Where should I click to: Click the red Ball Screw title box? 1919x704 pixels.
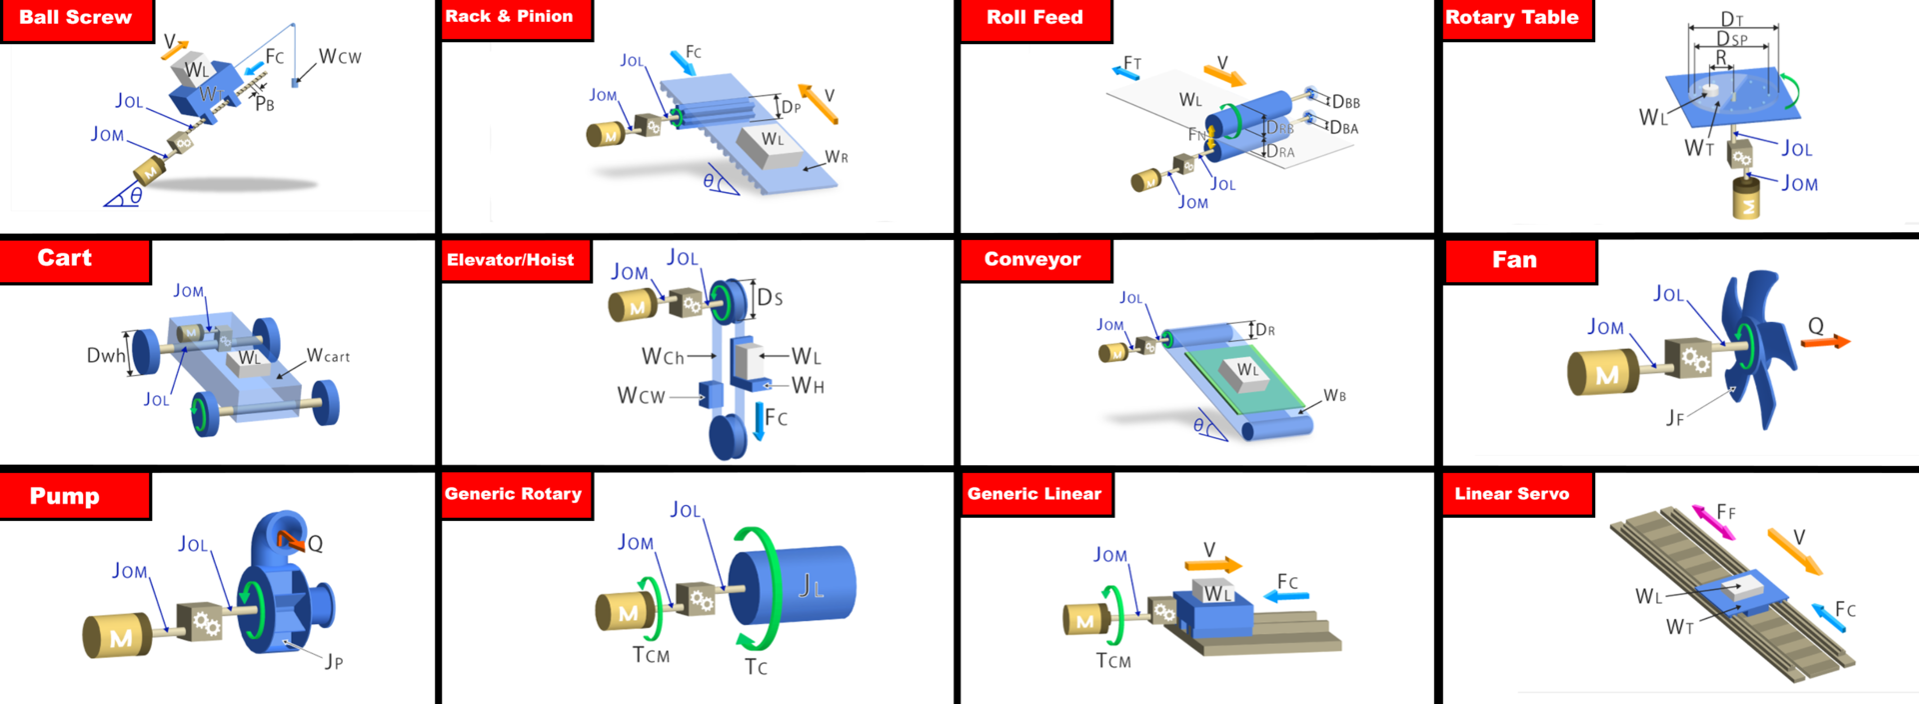pos(76,19)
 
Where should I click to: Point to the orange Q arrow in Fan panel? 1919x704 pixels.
pos(1825,342)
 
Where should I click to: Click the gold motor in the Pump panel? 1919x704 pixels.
pos(117,636)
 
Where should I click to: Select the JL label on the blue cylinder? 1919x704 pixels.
pos(811,586)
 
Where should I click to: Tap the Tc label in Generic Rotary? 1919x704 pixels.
pos(756,667)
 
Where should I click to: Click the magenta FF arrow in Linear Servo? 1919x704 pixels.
pos(1713,523)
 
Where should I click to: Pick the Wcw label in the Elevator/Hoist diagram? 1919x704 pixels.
pos(641,397)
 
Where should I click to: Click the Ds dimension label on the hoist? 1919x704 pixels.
pos(770,298)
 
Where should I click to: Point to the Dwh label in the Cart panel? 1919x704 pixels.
pos(106,355)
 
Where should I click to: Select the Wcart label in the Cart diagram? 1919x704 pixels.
pos(328,356)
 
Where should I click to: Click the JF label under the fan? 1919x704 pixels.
pos(1675,418)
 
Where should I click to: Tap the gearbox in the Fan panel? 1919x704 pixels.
pos(1688,359)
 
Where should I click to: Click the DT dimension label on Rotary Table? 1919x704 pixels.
pos(1732,19)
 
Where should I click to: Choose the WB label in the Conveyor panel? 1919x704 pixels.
pos(1334,396)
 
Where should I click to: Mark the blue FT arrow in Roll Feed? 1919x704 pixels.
pos(1126,69)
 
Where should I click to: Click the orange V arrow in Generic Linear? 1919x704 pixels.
pos(1212,565)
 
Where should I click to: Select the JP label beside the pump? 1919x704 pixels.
pos(334,662)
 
